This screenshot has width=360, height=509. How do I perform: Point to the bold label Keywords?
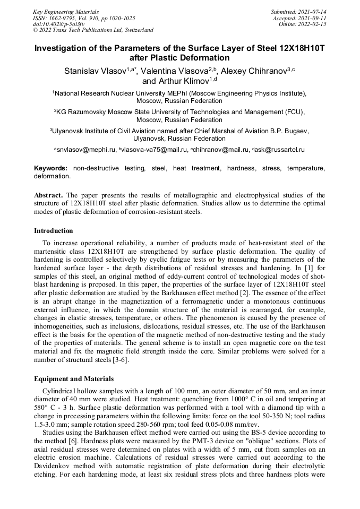tap(51, 168)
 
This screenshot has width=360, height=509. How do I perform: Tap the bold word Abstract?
tap(49, 195)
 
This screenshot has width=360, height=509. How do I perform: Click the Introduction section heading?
tap(54, 231)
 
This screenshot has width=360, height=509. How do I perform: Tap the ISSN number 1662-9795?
tap(68, 18)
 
